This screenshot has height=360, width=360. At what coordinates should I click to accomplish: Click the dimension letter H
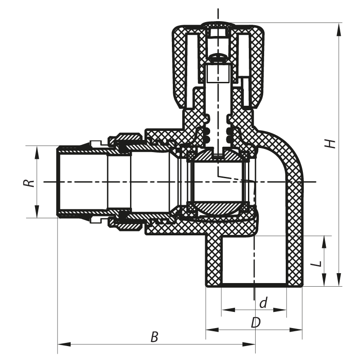(331, 144)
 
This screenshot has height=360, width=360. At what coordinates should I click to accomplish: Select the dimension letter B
(154, 337)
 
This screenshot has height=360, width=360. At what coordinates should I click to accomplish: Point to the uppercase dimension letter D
(256, 323)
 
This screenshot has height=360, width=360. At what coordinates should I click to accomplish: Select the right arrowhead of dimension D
(300, 330)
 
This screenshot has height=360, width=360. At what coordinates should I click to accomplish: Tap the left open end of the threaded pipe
(59, 182)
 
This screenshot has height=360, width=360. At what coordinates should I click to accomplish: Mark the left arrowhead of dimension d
(225, 310)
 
